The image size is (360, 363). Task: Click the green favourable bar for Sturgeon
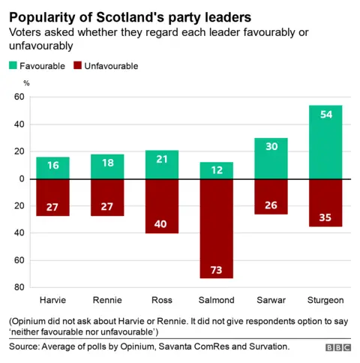pos(325,142)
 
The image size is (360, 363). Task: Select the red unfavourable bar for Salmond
pos(216,228)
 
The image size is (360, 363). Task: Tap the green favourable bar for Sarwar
pos(271,158)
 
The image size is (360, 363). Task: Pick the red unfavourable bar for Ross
pos(161,206)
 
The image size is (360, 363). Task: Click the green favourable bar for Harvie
pos(52,168)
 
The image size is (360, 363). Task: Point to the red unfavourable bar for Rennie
pos(107,197)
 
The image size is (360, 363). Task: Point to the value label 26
pos(271,205)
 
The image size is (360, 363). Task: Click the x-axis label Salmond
pos(216,301)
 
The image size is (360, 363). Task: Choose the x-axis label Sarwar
pos(271,301)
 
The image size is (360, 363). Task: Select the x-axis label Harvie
pos(52,301)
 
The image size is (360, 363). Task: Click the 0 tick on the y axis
pos(21,179)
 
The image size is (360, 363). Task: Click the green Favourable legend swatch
pos(14,66)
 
